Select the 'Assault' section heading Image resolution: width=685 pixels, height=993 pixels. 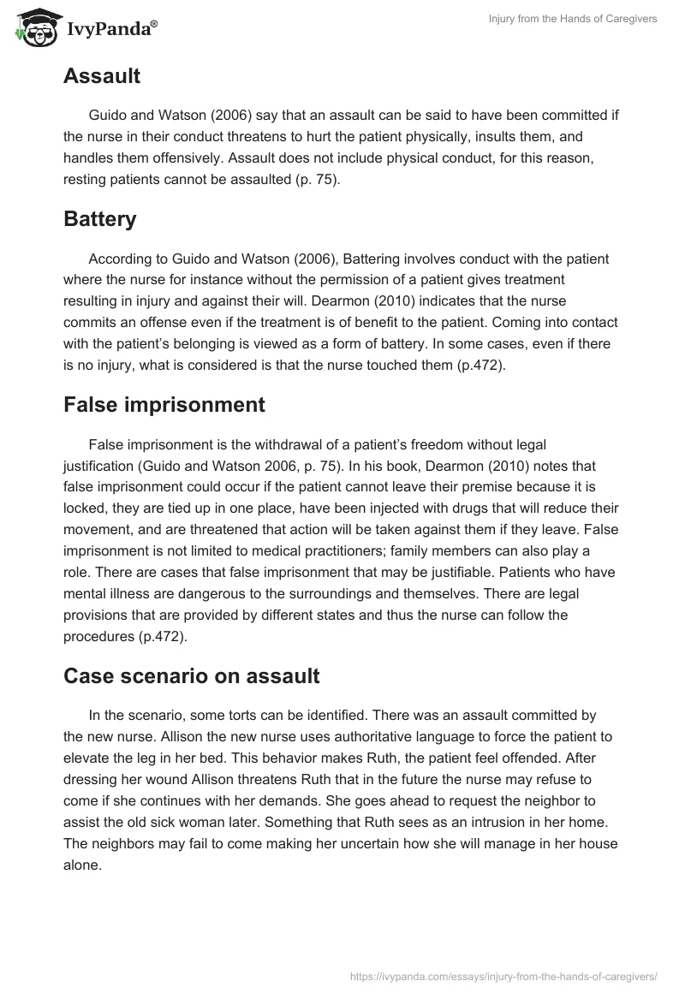click(x=102, y=76)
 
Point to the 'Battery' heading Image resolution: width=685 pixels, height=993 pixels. click(x=100, y=219)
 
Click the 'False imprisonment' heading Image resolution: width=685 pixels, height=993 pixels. click(x=164, y=405)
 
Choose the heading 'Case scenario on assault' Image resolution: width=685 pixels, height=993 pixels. click(x=191, y=675)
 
